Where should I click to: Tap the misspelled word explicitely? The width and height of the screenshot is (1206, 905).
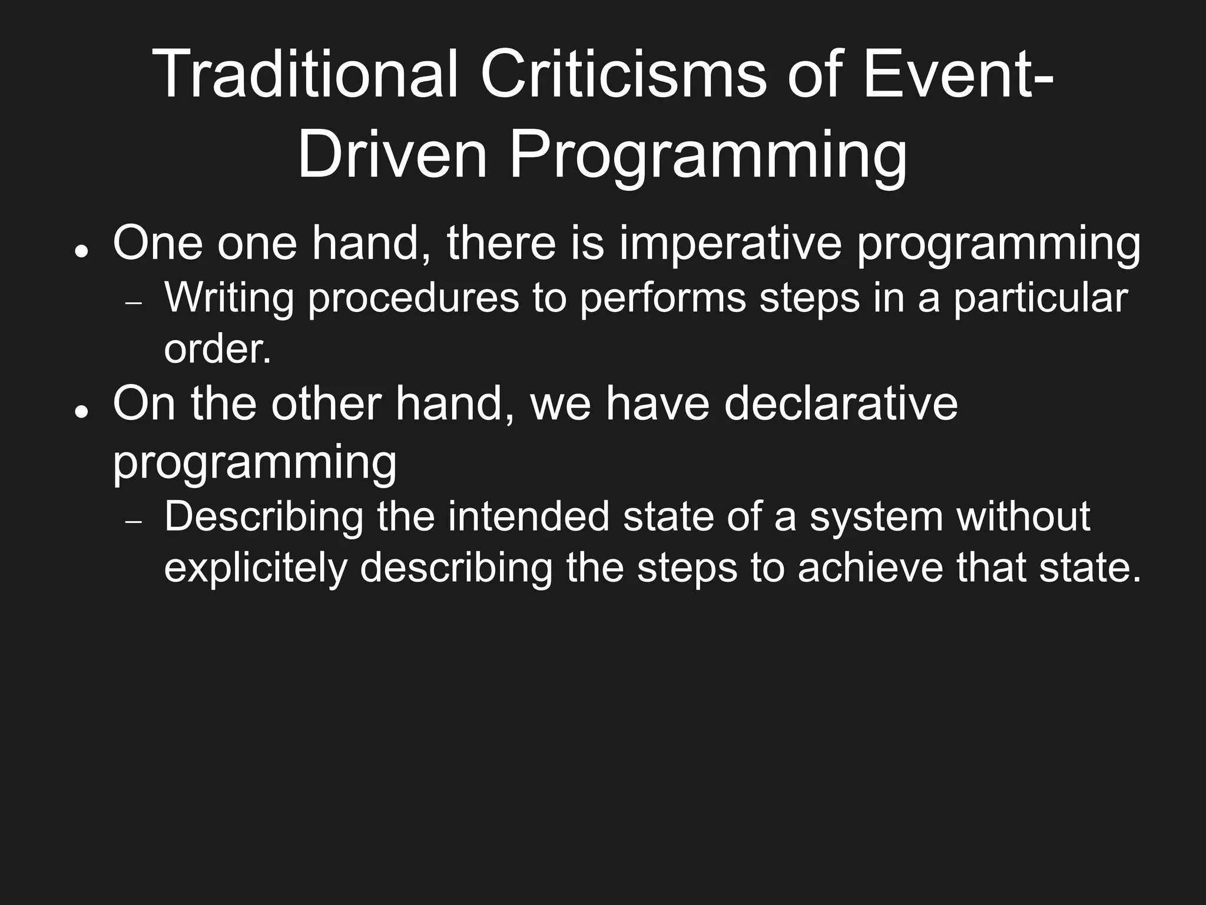point(256,568)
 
